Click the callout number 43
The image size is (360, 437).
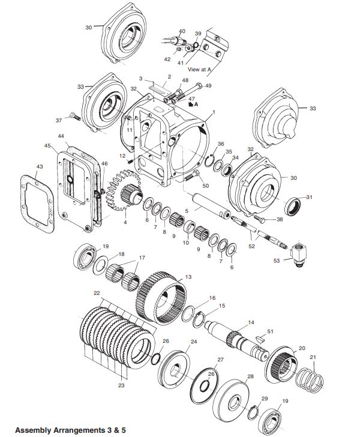click(x=40, y=166)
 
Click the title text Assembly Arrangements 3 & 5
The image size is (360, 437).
click(x=70, y=430)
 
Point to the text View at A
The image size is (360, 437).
click(x=199, y=70)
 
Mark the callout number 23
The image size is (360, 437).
click(x=121, y=385)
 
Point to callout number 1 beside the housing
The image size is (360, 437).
click(x=213, y=113)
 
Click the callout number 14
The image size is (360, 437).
click(x=251, y=322)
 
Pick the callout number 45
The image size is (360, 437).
click(x=47, y=146)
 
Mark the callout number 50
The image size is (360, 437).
click(x=206, y=186)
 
